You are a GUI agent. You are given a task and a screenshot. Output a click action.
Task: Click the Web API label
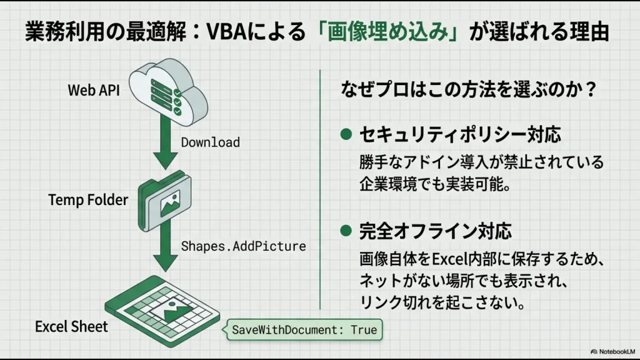tap(93, 90)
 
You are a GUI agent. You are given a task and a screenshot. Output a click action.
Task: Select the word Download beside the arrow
tap(210, 142)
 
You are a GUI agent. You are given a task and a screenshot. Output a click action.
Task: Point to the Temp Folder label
tap(88, 200)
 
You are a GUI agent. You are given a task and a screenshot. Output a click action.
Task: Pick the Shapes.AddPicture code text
tap(243, 246)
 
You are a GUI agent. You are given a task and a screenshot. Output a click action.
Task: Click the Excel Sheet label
tap(71, 326)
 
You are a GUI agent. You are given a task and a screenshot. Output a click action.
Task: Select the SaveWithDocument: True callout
tap(304, 329)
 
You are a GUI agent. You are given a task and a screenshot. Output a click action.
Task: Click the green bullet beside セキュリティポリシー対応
tap(345, 134)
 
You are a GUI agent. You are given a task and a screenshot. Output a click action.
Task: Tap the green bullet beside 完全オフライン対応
tap(345, 231)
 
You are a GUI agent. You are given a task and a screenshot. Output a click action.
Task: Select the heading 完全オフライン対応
tap(435, 231)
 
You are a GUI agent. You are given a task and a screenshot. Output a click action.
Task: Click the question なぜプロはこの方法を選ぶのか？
tap(466, 90)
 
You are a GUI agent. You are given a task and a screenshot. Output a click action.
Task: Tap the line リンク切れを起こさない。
tap(441, 302)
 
